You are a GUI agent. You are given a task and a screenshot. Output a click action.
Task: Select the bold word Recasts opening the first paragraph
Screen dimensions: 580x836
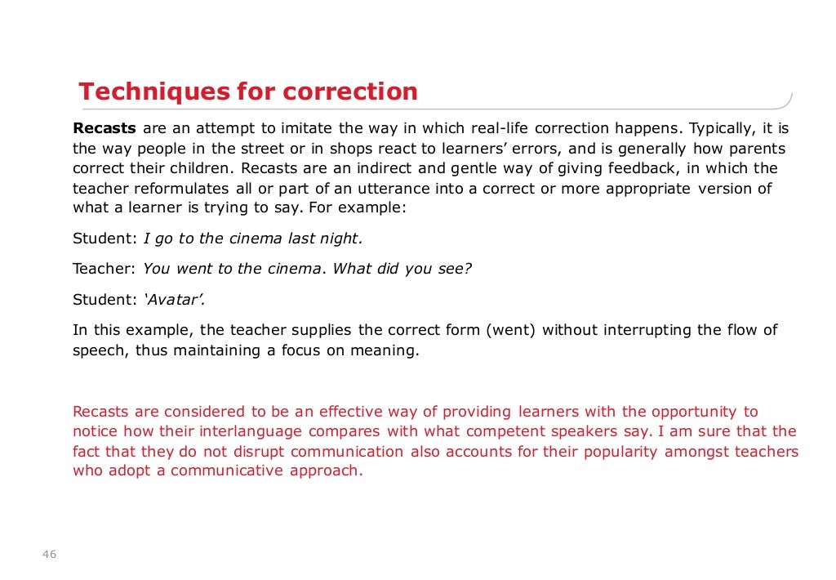(105, 128)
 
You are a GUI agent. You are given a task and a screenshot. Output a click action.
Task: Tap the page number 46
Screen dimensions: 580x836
(49, 555)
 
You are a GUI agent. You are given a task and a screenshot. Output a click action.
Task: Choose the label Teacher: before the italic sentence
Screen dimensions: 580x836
(104, 269)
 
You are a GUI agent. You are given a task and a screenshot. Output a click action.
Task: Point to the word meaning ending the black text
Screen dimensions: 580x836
(389, 351)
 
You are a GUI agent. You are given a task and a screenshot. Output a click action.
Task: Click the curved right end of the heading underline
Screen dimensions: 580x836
(788, 100)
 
